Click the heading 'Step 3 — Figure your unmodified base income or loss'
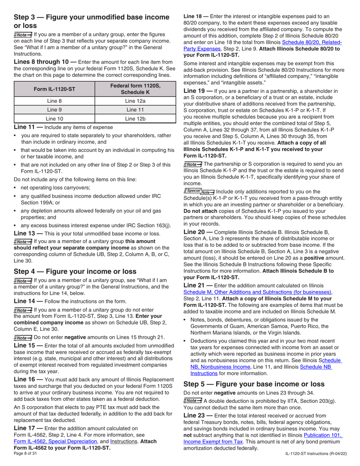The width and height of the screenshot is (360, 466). (91, 22)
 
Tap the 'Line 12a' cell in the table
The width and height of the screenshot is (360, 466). (135, 101)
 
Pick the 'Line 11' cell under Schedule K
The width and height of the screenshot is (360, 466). (135, 109)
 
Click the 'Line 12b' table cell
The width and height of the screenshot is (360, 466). (135, 119)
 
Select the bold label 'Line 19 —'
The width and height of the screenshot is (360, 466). (197, 91)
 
